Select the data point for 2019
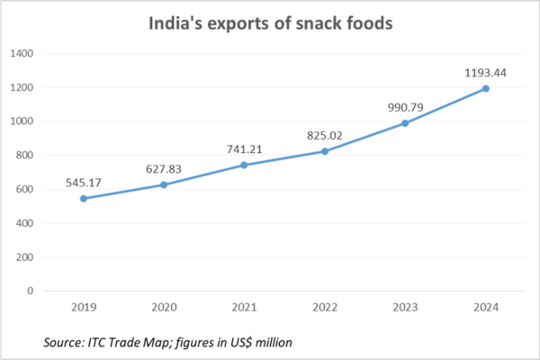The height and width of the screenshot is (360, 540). pyautogui.click(x=83, y=198)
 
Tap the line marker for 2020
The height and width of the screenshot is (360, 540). pyautogui.click(x=163, y=184)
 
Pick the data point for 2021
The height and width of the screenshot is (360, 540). pyautogui.click(x=244, y=165)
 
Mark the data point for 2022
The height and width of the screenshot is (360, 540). pyautogui.click(x=324, y=151)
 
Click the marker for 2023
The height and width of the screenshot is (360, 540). pyautogui.click(x=404, y=123)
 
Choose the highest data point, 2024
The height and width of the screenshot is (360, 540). pyautogui.click(x=485, y=88)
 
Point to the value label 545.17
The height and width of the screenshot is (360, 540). pyautogui.click(x=83, y=182)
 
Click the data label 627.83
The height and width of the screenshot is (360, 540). pyautogui.click(x=163, y=168)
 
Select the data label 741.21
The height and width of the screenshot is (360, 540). pyautogui.click(x=244, y=148)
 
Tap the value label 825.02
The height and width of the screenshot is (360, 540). pyautogui.click(x=324, y=135)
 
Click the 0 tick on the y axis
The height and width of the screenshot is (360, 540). pyautogui.click(x=31, y=291)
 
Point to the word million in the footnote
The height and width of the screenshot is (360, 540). pyautogui.click(x=273, y=343)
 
